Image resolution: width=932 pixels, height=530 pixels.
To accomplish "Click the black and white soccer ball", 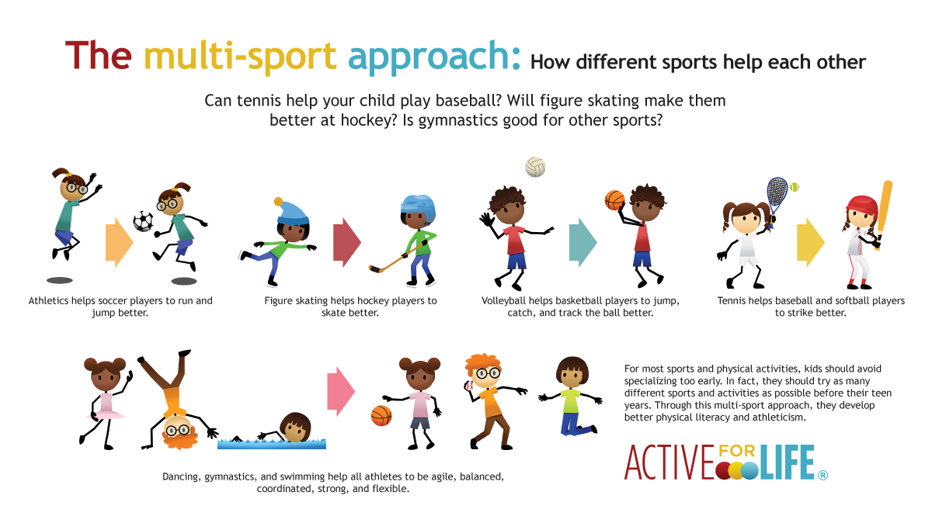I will click(x=143, y=221).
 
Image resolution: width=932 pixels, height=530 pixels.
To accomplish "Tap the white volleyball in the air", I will click(x=535, y=167).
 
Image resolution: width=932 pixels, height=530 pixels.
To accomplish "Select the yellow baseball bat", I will click(x=883, y=210).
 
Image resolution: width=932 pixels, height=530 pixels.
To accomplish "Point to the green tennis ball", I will click(x=795, y=187).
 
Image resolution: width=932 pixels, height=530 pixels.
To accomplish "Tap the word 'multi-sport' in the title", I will click(x=240, y=56).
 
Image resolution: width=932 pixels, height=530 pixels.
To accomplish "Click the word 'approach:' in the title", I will click(x=434, y=56).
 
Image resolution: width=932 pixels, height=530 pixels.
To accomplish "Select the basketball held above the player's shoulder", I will click(x=615, y=200).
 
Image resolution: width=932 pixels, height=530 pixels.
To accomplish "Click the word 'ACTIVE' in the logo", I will click(x=669, y=463).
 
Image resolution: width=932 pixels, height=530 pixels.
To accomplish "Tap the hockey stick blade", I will click(x=377, y=270).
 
